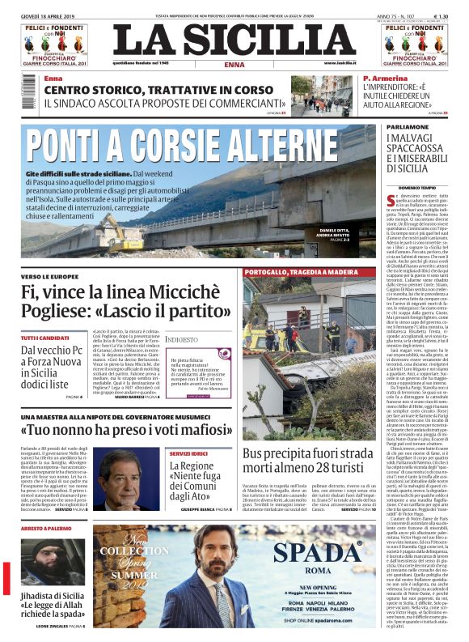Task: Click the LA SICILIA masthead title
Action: click(234, 41)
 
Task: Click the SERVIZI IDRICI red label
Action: click(188, 454)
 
